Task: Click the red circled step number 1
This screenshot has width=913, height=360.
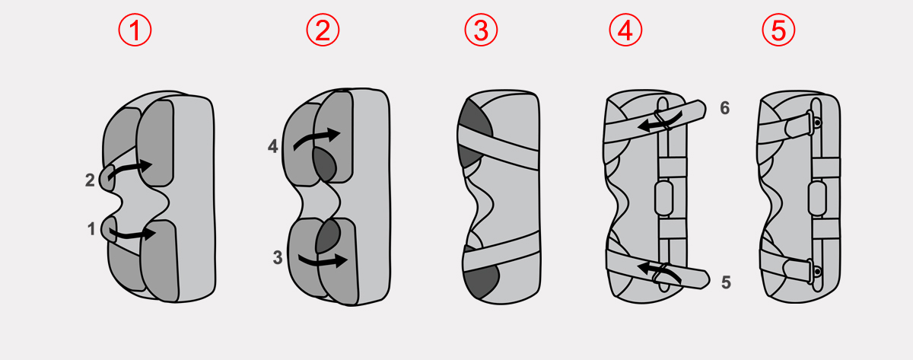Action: [135, 30]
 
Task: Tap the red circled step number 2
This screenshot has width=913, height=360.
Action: [323, 30]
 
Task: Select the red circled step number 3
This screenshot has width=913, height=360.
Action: [481, 30]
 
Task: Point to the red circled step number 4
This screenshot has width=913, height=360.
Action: [625, 30]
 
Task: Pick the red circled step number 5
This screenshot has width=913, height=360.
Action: [778, 30]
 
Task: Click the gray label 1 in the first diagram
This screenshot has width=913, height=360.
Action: [91, 229]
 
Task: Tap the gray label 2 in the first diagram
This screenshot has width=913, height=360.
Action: [90, 180]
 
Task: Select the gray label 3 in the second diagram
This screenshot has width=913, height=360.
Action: [278, 257]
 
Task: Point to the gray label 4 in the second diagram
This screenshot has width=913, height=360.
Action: [272, 146]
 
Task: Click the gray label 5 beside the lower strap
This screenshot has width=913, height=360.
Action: [726, 282]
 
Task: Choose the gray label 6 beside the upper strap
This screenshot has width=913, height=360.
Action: [724, 108]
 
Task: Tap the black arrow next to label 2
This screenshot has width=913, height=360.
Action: [129, 168]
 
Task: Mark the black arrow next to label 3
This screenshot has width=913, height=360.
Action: [323, 261]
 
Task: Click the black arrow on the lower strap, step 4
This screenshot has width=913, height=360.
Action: [659, 271]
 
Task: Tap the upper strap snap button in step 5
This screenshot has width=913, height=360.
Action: [817, 123]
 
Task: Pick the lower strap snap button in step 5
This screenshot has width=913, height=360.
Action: [817, 271]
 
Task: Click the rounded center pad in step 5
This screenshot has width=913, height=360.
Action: [817, 198]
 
